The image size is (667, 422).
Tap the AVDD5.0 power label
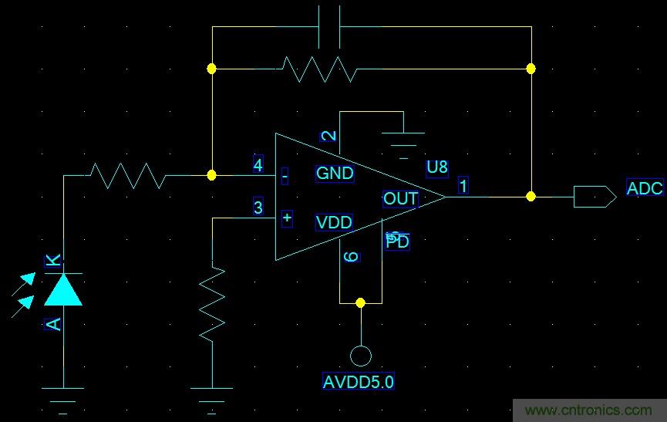[x=359, y=381]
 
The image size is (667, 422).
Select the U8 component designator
[x=436, y=167]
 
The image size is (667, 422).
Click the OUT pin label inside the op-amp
[x=400, y=199]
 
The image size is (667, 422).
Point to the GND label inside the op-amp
[x=334, y=173]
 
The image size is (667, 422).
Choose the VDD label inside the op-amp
[x=333, y=223]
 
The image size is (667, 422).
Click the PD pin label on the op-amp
[x=398, y=242]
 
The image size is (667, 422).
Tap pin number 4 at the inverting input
[x=258, y=164]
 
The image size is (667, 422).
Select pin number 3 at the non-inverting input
[x=258, y=208]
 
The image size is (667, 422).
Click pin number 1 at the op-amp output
[x=463, y=185]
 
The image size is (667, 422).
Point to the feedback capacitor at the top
[x=329, y=27]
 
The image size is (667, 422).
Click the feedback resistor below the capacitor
[x=318, y=69]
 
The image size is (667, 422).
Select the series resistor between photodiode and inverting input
[x=127, y=175]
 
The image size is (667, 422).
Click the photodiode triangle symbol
[x=63, y=289]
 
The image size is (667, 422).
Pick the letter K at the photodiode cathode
[x=53, y=261]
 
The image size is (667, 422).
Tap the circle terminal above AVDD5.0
[x=360, y=356]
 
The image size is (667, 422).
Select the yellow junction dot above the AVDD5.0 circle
[x=360, y=303]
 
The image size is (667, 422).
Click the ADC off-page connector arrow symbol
[x=595, y=197]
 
